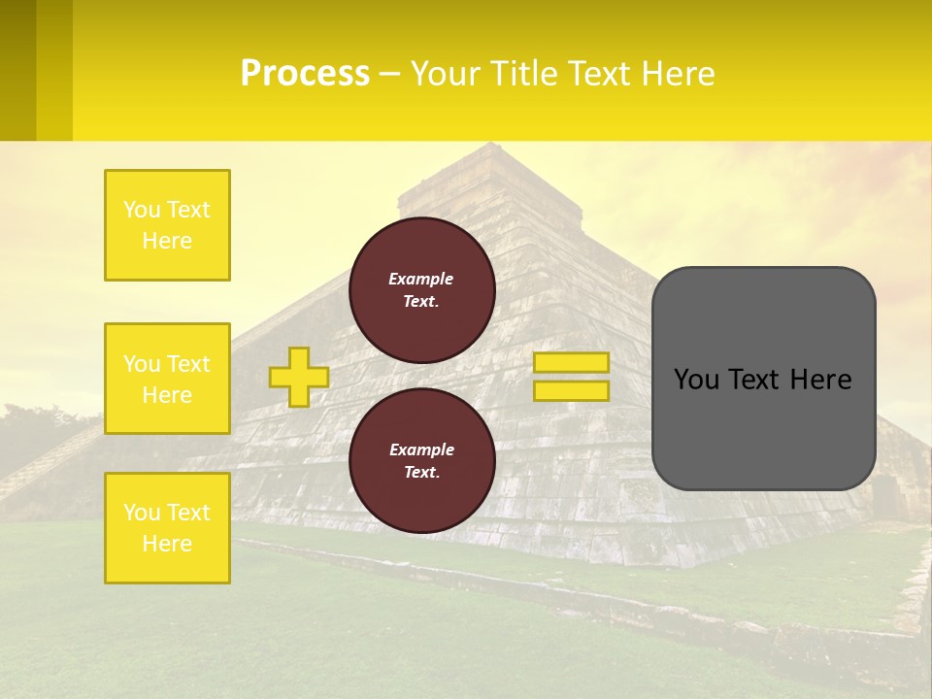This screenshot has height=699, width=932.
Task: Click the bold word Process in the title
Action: [x=305, y=74]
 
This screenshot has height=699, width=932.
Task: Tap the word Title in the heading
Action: [x=520, y=74]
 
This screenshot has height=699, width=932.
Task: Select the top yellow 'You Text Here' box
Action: [x=167, y=225]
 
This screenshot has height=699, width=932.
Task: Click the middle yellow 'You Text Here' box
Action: [x=167, y=379]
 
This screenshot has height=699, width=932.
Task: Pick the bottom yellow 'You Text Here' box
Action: [x=167, y=528]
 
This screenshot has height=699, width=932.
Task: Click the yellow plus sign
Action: [x=298, y=377]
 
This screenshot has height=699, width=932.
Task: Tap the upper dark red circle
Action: [x=421, y=290]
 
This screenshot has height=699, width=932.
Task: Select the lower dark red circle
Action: [x=421, y=461]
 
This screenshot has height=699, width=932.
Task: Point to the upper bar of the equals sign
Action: [x=571, y=362]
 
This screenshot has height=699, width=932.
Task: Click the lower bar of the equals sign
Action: [x=571, y=391]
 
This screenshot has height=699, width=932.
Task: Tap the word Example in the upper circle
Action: [x=421, y=279]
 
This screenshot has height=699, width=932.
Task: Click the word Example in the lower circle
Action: [x=421, y=449]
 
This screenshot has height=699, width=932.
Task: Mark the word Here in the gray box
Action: [x=820, y=380]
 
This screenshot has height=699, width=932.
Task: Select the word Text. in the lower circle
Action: [x=421, y=473]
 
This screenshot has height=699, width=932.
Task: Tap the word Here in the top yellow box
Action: [x=167, y=241]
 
